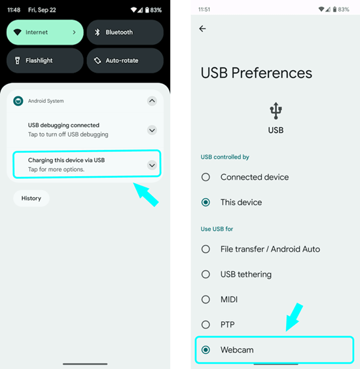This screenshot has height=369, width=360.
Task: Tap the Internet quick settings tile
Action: [45, 32]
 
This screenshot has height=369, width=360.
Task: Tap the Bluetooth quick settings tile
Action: [125, 32]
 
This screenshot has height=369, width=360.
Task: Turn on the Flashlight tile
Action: [45, 60]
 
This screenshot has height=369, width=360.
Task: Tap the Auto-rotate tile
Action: [125, 60]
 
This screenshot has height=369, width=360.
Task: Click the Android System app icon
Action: [18, 101]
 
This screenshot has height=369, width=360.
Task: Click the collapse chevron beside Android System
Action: [152, 101]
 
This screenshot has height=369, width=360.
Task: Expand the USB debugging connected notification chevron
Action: [152, 130]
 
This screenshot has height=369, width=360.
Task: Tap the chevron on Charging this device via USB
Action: [152, 165]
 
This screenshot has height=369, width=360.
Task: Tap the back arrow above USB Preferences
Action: [202, 29]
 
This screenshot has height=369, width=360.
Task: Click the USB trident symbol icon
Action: [276, 111]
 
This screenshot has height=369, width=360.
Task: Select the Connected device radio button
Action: [206, 177]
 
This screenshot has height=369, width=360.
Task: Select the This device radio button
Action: [206, 202]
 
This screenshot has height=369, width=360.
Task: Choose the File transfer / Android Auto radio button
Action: [206, 249]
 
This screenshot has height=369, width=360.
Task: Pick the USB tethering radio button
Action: [206, 274]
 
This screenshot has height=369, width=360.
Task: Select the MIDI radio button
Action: [206, 300]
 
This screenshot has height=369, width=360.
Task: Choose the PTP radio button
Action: [206, 324]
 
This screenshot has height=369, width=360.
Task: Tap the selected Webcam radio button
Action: [206, 350]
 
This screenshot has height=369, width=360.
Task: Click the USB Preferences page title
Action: [257, 73]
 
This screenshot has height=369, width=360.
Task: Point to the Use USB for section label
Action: [217, 229]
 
